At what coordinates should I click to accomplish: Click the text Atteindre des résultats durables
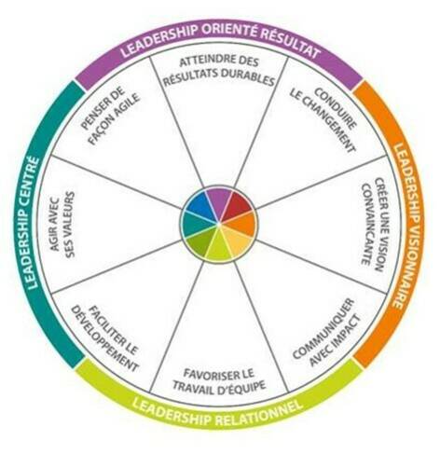[x=219, y=71]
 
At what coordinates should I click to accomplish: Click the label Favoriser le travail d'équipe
[x=219, y=379]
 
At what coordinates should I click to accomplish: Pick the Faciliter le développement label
[x=104, y=338]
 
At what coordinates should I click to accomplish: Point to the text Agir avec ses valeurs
[x=62, y=225]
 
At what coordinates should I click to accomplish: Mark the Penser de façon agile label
[x=111, y=116]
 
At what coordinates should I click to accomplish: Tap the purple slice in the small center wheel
[x=220, y=200]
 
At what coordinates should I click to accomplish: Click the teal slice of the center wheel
[x=195, y=225]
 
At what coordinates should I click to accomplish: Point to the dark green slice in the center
[x=199, y=243]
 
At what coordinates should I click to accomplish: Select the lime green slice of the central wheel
[x=219, y=248]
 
